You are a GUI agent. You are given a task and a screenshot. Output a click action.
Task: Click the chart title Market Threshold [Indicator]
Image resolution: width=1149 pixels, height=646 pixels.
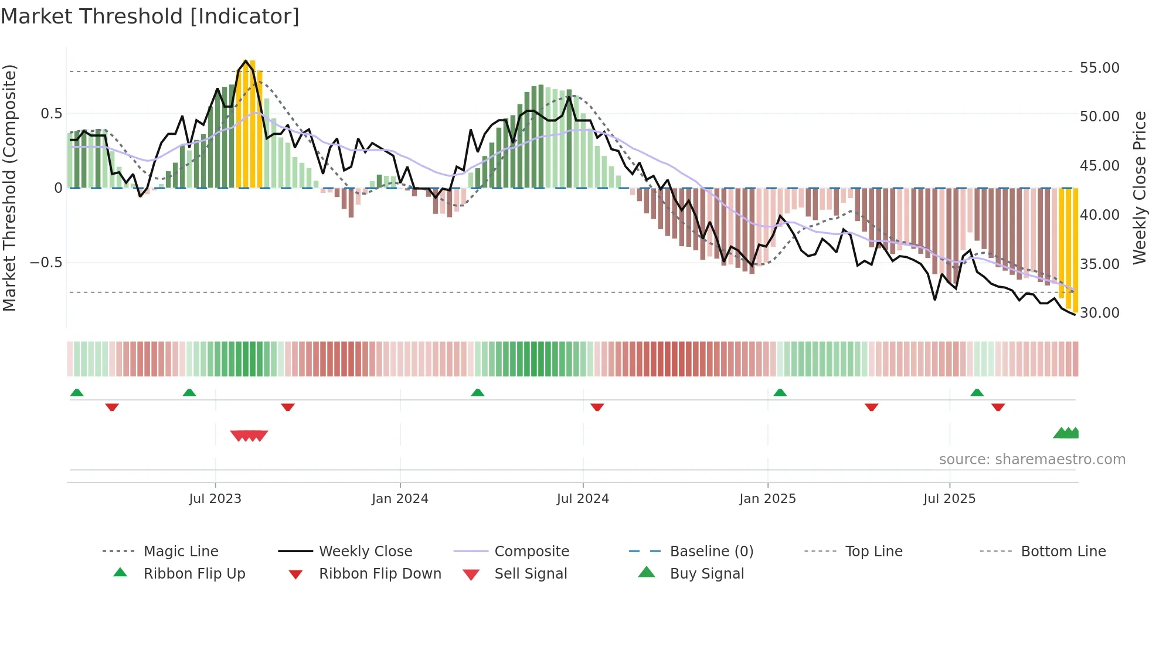pos(150,16)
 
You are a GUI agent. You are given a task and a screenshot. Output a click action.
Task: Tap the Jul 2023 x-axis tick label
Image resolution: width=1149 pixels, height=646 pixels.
pos(215,499)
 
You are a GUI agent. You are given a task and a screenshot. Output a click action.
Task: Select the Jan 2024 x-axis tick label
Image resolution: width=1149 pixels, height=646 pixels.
pos(400,499)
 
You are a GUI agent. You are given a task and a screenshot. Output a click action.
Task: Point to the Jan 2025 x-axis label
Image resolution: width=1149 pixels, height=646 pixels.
pos(767,499)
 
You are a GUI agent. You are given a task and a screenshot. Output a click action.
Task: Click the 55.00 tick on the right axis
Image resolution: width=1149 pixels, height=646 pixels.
pos(1099,68)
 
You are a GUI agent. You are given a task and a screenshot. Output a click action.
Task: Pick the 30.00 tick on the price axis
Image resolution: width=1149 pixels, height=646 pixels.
pos(1099,313)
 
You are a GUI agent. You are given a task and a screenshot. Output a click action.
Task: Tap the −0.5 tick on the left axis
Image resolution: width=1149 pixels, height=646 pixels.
pos(46,262)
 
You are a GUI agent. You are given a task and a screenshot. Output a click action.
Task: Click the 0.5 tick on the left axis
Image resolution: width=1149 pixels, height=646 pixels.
pos(51,114)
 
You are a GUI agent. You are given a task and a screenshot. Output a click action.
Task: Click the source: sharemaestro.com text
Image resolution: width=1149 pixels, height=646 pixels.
pos(1032,460)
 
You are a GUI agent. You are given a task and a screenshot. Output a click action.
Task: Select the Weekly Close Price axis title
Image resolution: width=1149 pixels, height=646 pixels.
pos(1139,188)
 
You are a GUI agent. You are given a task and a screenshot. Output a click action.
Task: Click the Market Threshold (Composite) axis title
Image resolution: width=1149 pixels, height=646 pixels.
pos(9,188)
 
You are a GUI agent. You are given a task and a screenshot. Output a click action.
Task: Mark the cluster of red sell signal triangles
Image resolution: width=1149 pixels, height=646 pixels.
pos(249,436)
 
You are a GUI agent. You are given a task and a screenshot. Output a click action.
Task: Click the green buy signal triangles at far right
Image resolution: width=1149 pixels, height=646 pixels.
pos(1066,433)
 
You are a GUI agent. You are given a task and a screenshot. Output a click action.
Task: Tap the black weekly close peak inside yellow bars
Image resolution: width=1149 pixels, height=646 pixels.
pos(246,61)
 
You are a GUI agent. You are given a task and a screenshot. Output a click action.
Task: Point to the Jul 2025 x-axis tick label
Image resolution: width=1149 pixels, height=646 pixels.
pos(949,499)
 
